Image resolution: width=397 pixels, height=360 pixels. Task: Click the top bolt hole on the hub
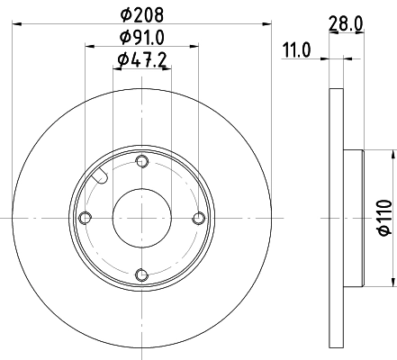click(x=141, y=161)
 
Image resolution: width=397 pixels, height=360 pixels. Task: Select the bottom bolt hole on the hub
click(x=141, y=274)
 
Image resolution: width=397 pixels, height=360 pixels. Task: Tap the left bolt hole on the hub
click(x=86, y=218)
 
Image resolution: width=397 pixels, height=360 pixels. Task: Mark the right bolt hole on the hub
click(x=199, y=218)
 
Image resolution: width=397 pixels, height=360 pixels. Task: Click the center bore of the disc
click(x=141, y=218)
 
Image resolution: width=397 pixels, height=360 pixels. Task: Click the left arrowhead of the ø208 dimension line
click(x=16, y=26)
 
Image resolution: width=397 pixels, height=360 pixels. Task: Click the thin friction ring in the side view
click(x=336, y=218)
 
